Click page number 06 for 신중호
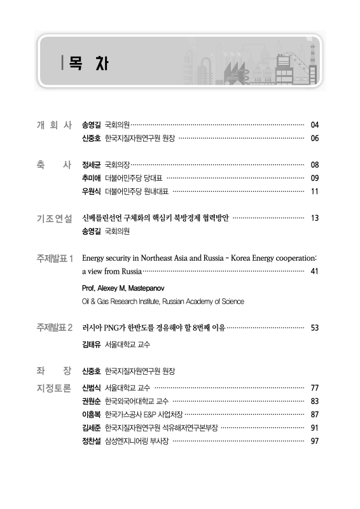[x=314, y=138]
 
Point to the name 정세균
[x=92, y=165]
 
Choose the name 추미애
[x=92, y=178]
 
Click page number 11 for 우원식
[x=314, y=192]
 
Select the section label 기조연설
[x=55, y=218]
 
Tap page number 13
[x=314, y=218]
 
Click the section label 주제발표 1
[x=55, y=259]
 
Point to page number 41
[x=314, y=272]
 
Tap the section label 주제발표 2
[x=55, y=328]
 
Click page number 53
[x=314, y=328]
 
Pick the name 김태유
[x=92, y=345]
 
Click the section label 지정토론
[x=55, y=387]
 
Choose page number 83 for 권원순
[x=314, y=401]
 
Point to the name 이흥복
[x=92, y=415]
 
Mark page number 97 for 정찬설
[x=314, y=442]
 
